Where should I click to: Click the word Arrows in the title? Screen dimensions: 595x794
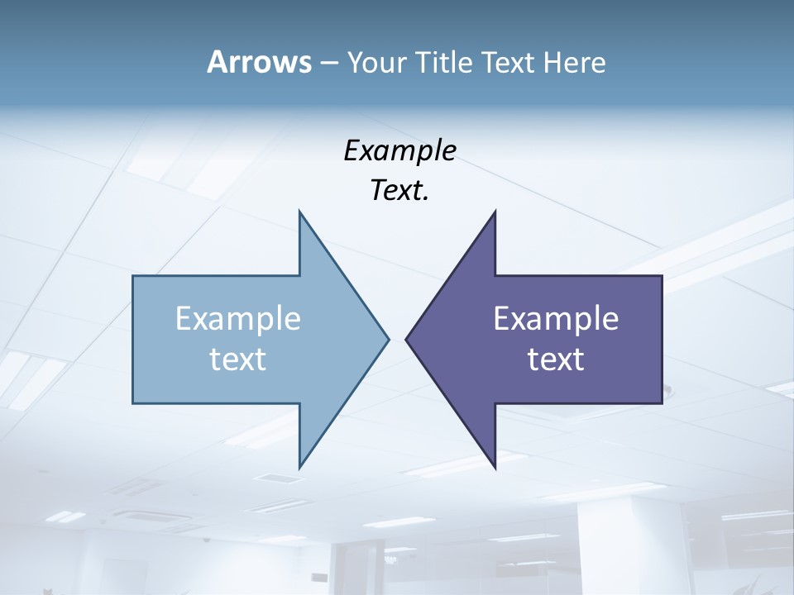pos(258,63)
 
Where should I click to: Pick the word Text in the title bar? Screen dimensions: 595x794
pos(509,63)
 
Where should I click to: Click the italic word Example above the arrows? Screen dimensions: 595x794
pos(399,150)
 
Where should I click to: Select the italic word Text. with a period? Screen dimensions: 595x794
pos(399,190)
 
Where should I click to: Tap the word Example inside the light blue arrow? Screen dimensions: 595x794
pos(238,318)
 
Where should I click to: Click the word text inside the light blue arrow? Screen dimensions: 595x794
pos(238,359)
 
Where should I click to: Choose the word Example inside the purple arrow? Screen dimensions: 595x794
pos(556,318)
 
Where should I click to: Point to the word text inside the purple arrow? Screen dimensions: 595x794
pos(556,359)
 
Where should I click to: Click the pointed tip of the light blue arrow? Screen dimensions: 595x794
pos(388,339)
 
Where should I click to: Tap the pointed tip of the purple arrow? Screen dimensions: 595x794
pos(406,339)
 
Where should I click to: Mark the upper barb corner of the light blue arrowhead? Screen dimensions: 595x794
pos(299,212)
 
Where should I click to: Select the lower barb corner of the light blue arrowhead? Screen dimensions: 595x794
pos(299,467)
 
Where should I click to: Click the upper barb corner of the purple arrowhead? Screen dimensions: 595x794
pos(495,212)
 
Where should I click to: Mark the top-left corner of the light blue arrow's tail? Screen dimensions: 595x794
pos(134,276)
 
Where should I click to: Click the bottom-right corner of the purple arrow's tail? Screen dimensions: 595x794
pos(662,402)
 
